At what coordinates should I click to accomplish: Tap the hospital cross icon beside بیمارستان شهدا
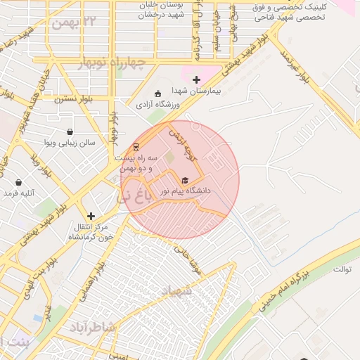pyautogui.click(x=196, y=79)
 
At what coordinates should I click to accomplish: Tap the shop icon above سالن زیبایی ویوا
pyautogui.click(x=70, y=131)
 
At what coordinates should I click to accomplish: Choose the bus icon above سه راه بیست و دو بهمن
pyautogui.click(x=136, y=147)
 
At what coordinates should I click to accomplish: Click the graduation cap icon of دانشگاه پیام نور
pyautogui.click(x=185, y=180)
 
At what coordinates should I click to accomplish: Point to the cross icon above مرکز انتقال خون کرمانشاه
pyautogui.click(x=91, y=216)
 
